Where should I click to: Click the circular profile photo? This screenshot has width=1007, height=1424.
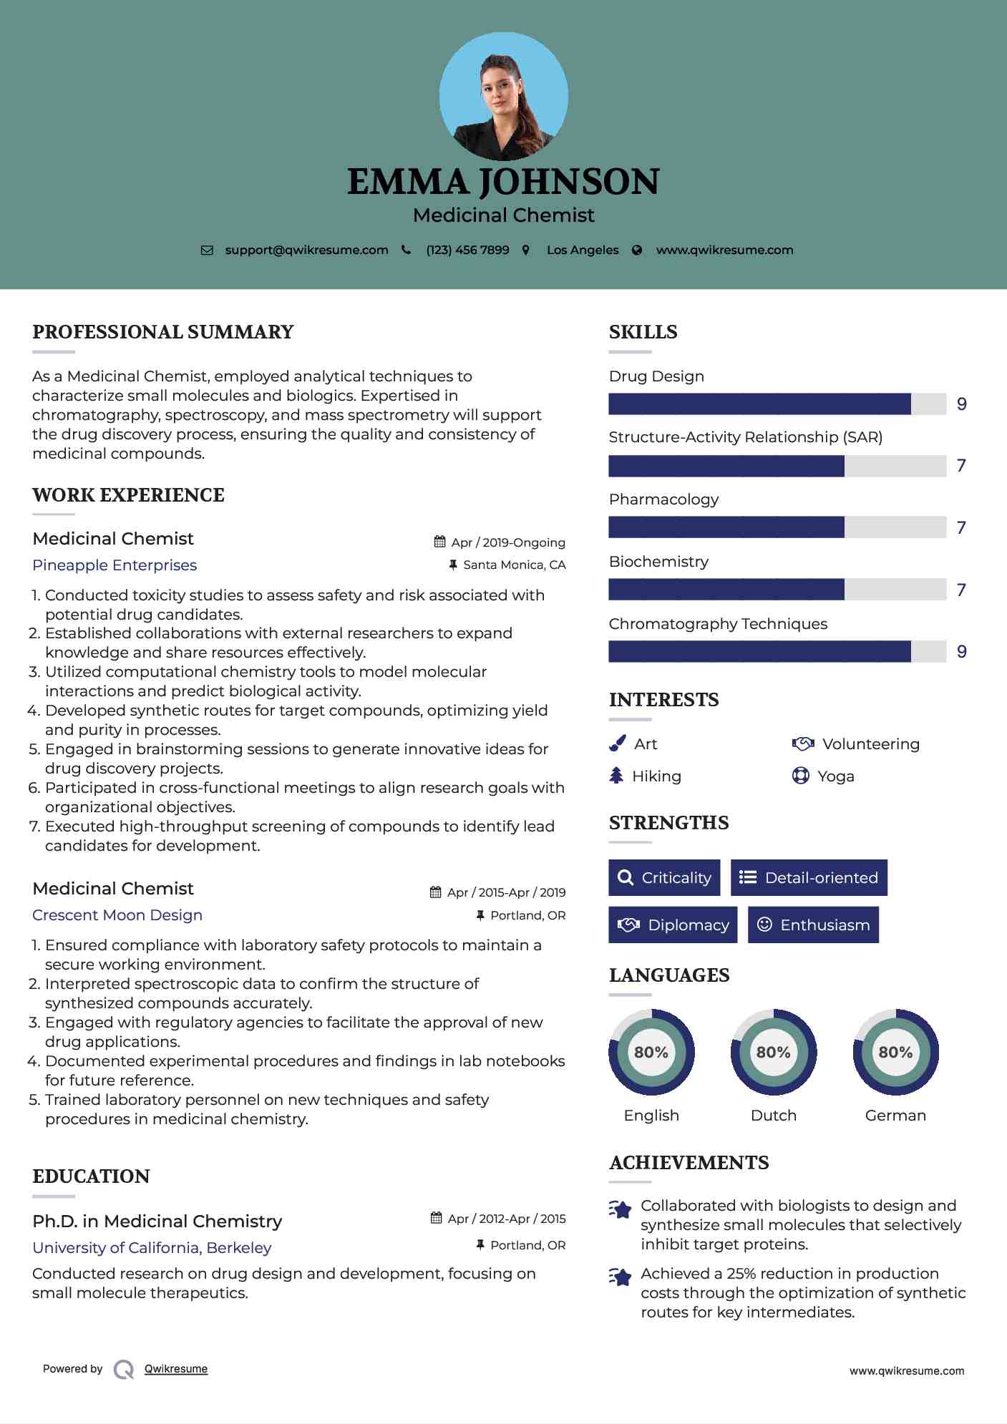[x=503, y=96]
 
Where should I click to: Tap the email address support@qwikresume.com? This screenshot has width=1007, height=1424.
[x=306, y=250]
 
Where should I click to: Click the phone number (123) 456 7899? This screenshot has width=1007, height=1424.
[x=467, y=250]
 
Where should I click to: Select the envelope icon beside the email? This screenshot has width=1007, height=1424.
[x=207, y=250]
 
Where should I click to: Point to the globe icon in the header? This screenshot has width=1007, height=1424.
[x=637, y=250]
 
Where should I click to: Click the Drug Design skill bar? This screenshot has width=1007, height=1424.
[x=777, y=404]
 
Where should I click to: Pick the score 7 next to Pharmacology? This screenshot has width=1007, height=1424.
[x=961, y=527]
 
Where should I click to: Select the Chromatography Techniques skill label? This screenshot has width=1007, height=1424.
[x=718, y=624]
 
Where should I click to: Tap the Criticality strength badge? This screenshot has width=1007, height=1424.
[x=664, y=877]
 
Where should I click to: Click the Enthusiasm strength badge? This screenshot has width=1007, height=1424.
[x=813, y=925]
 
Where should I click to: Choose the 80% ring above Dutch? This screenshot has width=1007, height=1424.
[x=773, y=1052]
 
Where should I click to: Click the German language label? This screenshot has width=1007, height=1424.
[x=895, y=1116]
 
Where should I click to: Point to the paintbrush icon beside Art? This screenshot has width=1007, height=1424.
[x=617, y=744]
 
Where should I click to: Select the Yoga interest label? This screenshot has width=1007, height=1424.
[x=836, y=776]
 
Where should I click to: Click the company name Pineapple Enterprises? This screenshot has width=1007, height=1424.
[x=115, y=565]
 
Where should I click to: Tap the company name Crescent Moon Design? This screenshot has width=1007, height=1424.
[x=117, y=915]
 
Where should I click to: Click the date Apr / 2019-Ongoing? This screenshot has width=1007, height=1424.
[x=508, y=542]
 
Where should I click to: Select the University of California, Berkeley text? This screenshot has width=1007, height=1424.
[x=152, y=1248]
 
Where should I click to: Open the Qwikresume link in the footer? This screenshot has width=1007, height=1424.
[x=176, y=1369]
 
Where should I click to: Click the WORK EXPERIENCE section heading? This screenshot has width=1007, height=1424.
[x=129, y=495]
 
